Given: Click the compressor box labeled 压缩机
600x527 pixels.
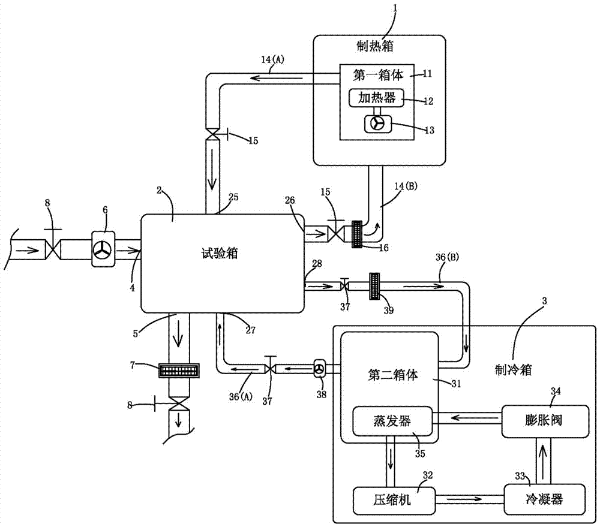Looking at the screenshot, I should pos(392,498).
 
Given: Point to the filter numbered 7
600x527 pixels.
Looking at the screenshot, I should pos(178,371).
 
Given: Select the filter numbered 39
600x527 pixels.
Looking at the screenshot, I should pos(376,286).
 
